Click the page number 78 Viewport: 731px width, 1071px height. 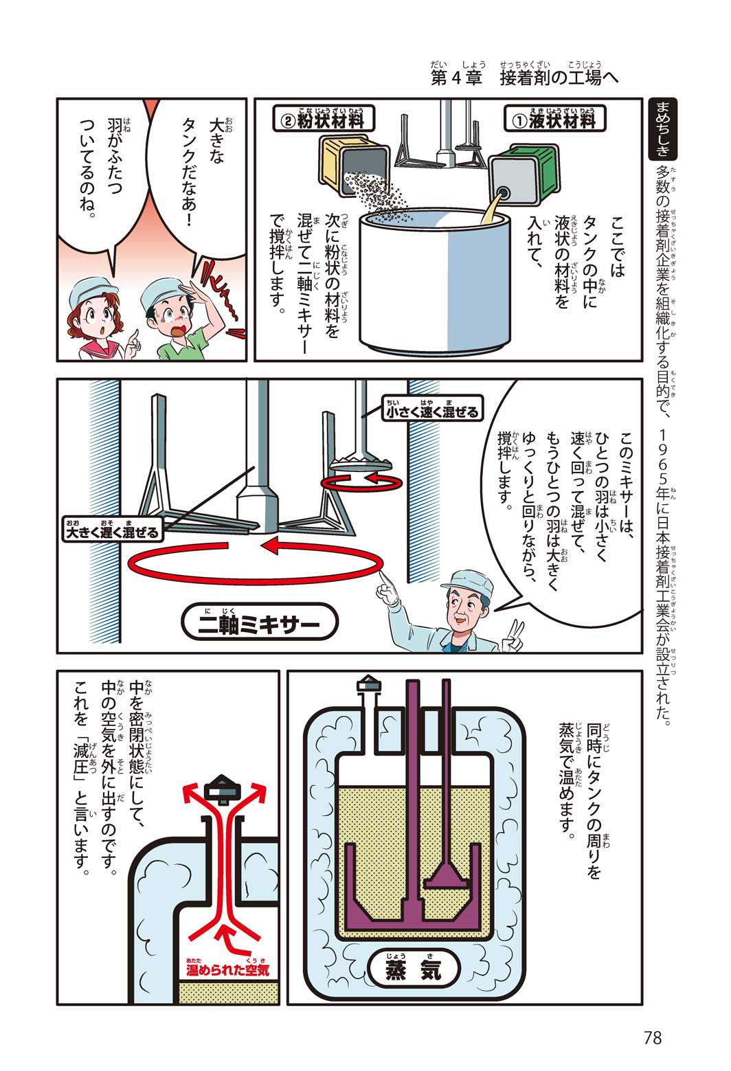pyautogui.click(x=652, y=1037)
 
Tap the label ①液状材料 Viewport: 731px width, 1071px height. pyautogui.click(x=554, y=120)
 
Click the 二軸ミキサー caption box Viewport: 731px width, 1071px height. pyautogui.click(x=259, y=624)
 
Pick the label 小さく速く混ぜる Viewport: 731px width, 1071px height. pyautogui.click(x=431, y=412)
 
